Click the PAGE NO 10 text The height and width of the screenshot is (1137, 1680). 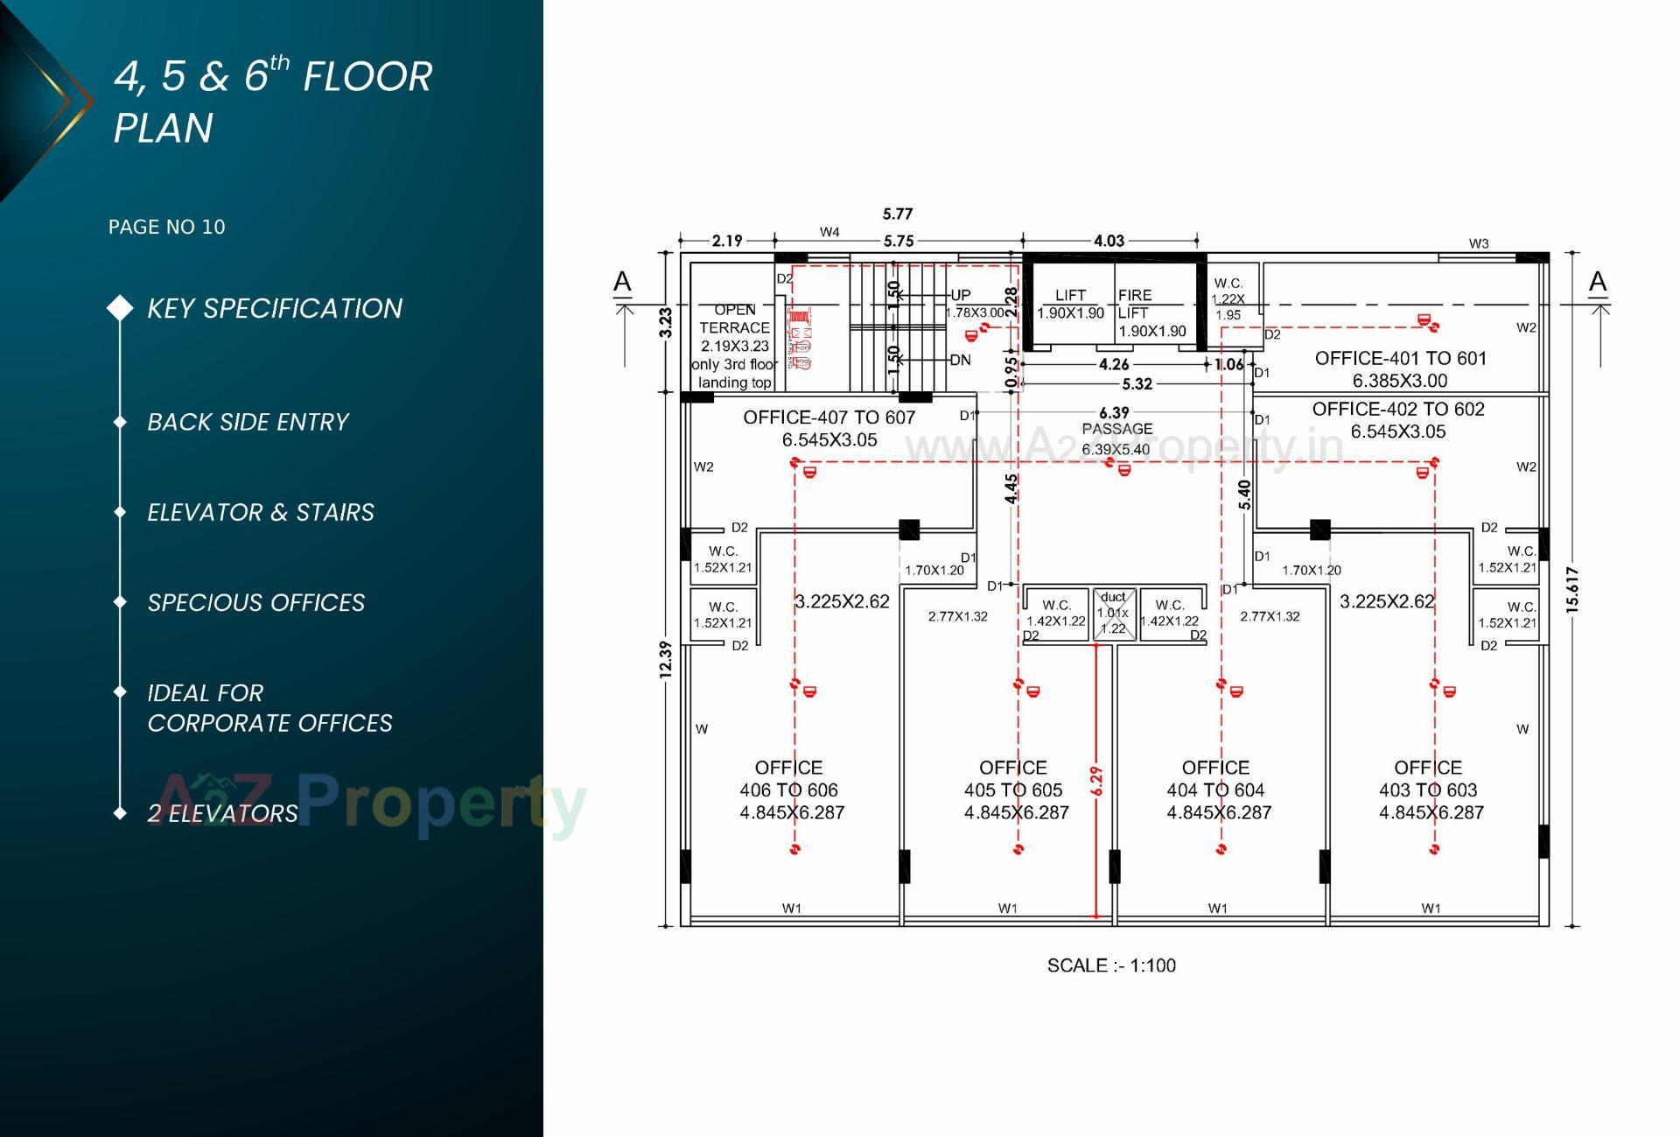pos(166,228)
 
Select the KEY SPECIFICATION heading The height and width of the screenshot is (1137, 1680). pos(274,308)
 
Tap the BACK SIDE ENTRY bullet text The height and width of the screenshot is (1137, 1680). pos(248,422)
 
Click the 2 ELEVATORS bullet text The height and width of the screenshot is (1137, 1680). pos(222,813)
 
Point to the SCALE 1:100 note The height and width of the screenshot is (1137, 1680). pos(1111,965)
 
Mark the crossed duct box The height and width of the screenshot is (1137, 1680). pos(1114,614)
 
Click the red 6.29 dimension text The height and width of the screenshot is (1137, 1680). pos(1096,781)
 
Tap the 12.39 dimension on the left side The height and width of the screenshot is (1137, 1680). pos(666,659)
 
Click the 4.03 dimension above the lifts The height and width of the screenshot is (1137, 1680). pos(1109,241)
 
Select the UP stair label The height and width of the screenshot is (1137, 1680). pos(960,295)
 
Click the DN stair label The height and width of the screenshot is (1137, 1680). pos(960,360)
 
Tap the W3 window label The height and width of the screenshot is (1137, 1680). pos(1478,243)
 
